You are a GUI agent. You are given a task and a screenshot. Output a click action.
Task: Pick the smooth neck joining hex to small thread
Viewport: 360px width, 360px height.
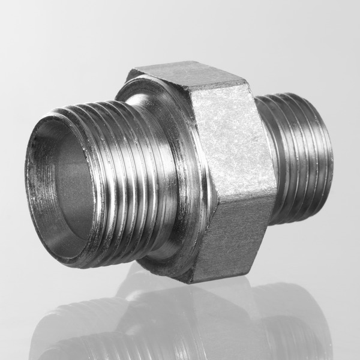[x=264, y=162]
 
